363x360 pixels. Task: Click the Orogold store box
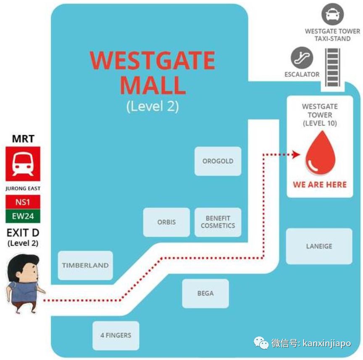(x=218, y=161)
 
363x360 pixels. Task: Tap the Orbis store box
(x=166, y=222)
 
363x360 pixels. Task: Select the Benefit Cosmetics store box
(x=218, y=222)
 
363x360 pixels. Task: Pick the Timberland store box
(x=85, y=265)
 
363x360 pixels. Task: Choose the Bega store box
(x=205, y=293)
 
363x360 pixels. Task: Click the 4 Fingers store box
(x=116, y=336)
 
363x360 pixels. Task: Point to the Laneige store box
(x=319, y=246)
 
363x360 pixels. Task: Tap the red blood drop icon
(x=321, y=153)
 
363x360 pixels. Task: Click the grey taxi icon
(x=332, y=14)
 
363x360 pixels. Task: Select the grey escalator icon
(x=302, y=58)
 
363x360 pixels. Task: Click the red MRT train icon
(x=23, y=164)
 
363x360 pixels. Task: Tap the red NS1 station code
(x=23, y=202)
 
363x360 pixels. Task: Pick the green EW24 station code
(x=23, y=216)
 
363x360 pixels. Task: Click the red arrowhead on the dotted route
(x=296, y=154)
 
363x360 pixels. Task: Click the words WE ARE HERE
(x=320, y=185)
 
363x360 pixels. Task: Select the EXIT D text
(x=23, y=233)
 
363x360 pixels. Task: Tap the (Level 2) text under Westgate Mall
(x=153, y=107)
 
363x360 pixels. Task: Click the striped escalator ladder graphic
(x=333, y=67)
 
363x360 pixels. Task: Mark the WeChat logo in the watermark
(x=261, y=342)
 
